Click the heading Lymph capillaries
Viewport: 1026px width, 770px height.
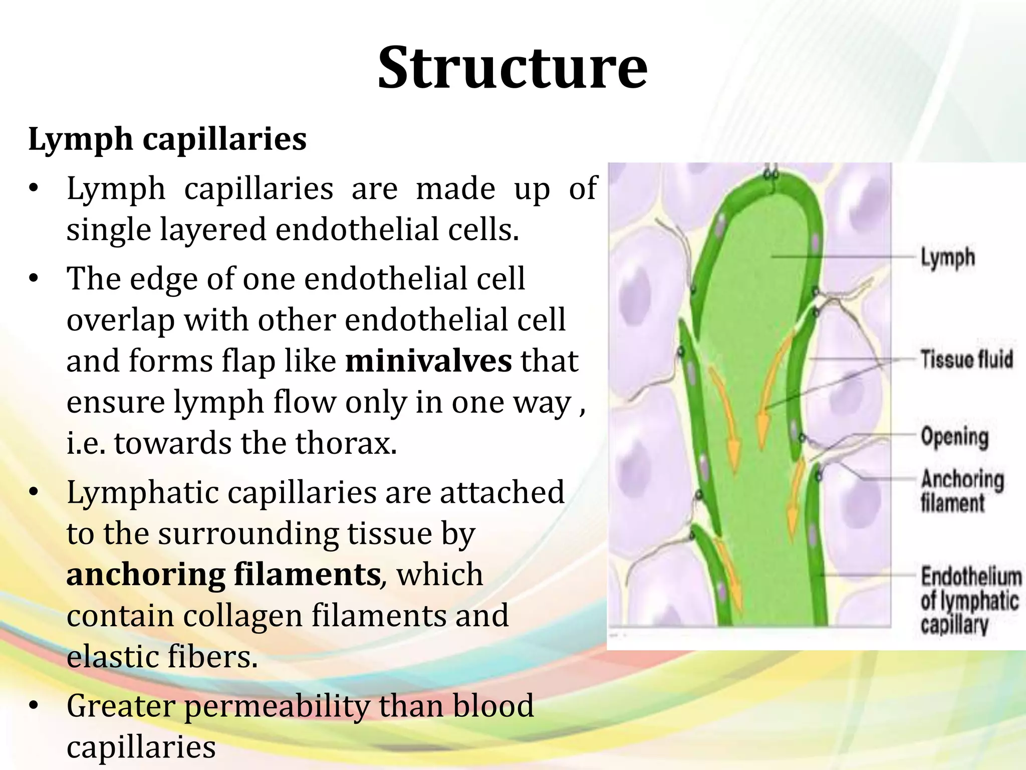tap(167, 139)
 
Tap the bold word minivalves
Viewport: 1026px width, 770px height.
tap(428, 361)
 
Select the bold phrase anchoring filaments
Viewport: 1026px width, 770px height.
tap(223, 574)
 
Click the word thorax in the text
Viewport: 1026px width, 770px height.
tap(346, 444)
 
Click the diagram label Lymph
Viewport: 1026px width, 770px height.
tap(947, 258)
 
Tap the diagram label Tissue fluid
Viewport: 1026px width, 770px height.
tap(966, 359)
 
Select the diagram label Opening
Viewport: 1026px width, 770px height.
tap(954, 437)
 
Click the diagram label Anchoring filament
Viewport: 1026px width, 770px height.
tap(961, 491)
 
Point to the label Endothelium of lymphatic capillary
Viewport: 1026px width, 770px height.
tap(969, 601)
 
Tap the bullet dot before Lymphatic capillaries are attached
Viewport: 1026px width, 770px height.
tap(34, 492)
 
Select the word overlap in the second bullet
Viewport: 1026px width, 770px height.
tap(120, 320)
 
